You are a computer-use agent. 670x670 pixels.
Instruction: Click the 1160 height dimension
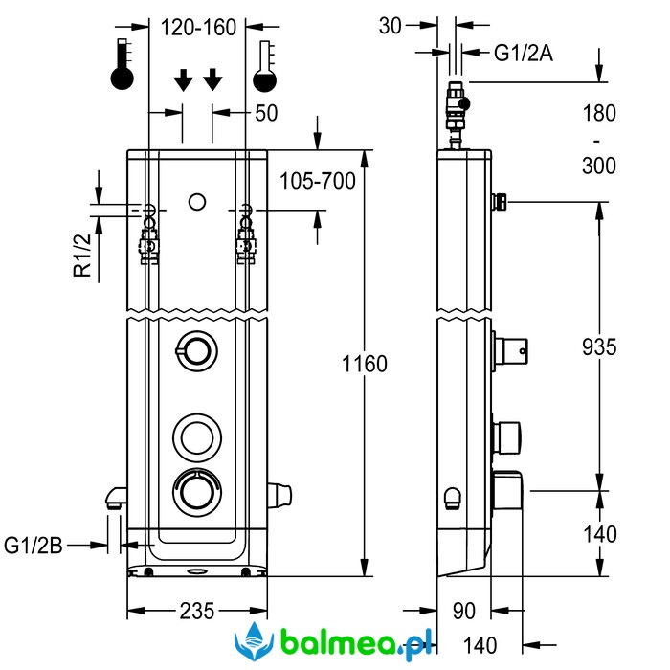tap(365, 364)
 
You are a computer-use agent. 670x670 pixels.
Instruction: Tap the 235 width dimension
tap(196, 611)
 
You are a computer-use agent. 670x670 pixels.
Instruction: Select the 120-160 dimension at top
tap(198, 28)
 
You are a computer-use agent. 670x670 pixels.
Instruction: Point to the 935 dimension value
tap(599, 346)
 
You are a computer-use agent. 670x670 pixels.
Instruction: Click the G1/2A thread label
tap(524, 54)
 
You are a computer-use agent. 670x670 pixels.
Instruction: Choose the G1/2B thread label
tap(33, 546)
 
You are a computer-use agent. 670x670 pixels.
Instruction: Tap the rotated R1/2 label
tap(82, 256)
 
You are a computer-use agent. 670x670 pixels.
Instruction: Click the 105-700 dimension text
tap(318, 181)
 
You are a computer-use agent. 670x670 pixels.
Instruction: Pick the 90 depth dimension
tap(463, 611)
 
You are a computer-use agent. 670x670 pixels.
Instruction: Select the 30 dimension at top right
tap(391, 26)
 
